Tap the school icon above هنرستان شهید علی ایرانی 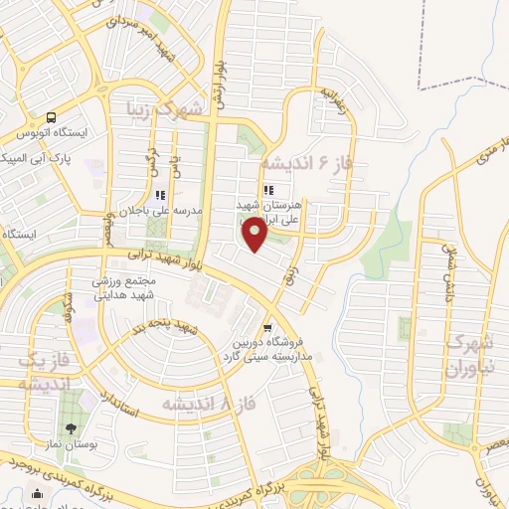click(267, 190)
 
